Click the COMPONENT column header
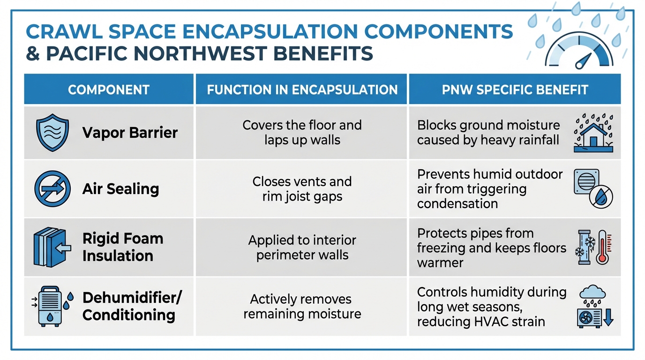point(109,90)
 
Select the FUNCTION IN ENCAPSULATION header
point(302,90)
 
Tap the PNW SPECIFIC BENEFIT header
point(515,90)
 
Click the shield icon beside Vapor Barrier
point(52,133)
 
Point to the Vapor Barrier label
point(130,133)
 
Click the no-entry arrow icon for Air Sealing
point(52,189)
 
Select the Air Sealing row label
point(120,189)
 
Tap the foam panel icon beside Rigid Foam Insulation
point(52,247)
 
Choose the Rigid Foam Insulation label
point(122,247)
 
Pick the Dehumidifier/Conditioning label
point(132,306)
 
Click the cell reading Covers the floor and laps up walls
point(302,133)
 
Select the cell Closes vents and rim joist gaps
point(302,189)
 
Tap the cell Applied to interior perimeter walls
point(302,248)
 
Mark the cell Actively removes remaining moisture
point(302,306)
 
